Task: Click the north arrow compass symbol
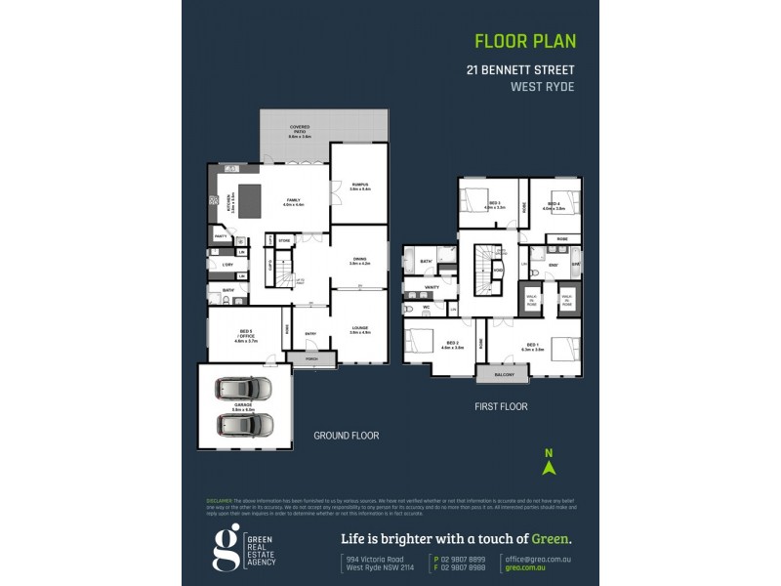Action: point(549,461)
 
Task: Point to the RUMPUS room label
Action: point(359,186)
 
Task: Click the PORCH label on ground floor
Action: point(311,358)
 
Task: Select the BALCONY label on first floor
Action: point(504,374)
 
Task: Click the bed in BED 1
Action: point(565,347)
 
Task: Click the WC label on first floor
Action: point(426,308)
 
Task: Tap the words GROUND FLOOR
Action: point(346,436)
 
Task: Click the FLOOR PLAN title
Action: point(524,41)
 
